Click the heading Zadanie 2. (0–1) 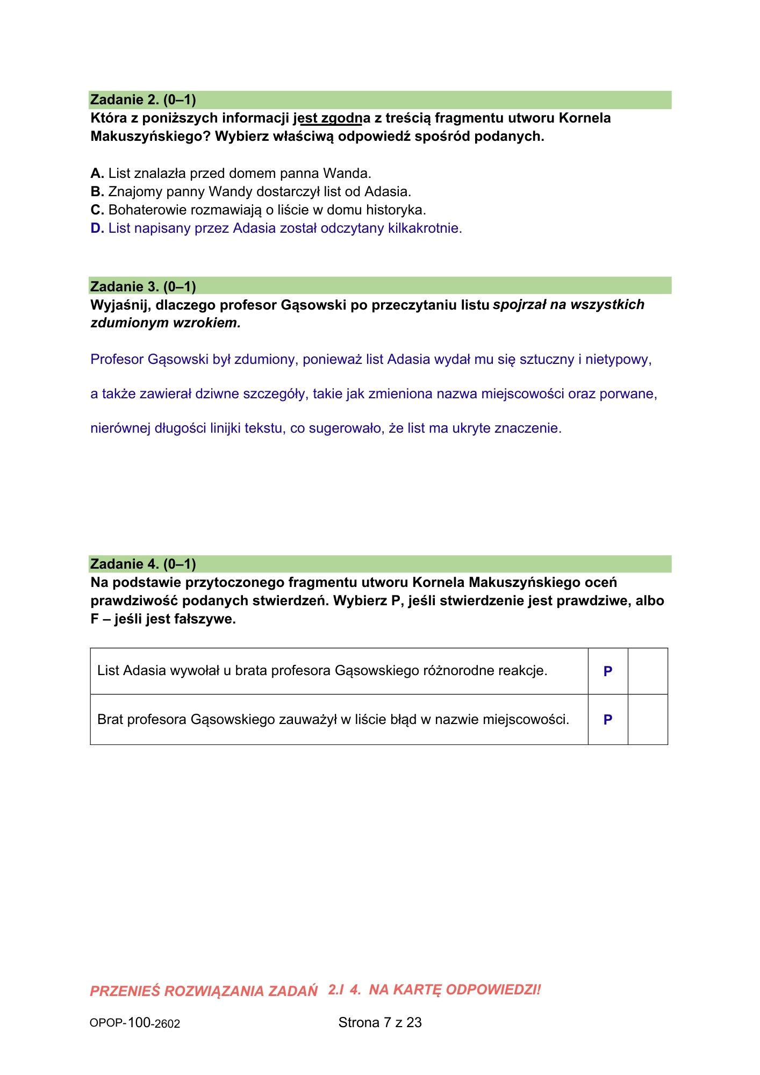(143, 100)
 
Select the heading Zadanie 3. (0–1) (143, 286)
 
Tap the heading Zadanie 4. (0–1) (143, 564)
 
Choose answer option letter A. (97, 174)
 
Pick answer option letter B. (97, 192)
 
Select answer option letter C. (97, 210)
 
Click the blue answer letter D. (97, 228)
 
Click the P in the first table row (608, 671)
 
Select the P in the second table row (608, 720)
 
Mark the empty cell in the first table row (648, 671)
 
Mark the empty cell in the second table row (648, 720)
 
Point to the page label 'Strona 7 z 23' (380, 1022)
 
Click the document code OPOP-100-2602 (135, 1023)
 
